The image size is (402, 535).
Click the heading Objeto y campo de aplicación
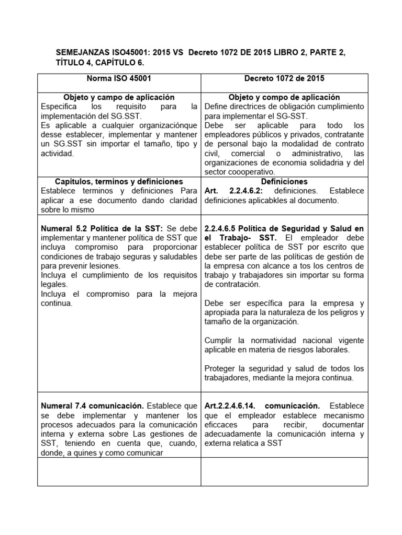click(x=119, y=98)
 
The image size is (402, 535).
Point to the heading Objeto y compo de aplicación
click(x=284, y=98)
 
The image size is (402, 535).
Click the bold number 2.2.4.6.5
click(x=225, y=229)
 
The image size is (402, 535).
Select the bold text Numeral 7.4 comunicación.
click(x=92, y=405)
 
